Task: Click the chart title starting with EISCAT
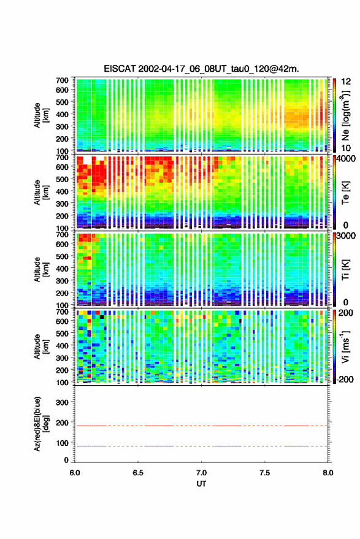coord(201,69)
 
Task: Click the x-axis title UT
coord(202,484)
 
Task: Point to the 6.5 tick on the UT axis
coord(138,473)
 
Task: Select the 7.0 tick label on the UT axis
coord(202,473)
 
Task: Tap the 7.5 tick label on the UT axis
coord(265,473)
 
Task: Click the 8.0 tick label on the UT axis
coord(328,473)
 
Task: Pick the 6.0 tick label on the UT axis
coord(75,473)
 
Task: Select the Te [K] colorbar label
coord(345,193)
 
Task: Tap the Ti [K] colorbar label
coord(345,270)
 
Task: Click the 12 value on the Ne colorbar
coord(346,82)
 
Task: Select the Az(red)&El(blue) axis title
coord(41,424)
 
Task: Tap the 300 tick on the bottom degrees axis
coord(62,402)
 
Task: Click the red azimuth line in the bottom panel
coord(201,426)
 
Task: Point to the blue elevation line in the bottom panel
coord(201,446)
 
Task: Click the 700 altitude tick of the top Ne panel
coord(62,80)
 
